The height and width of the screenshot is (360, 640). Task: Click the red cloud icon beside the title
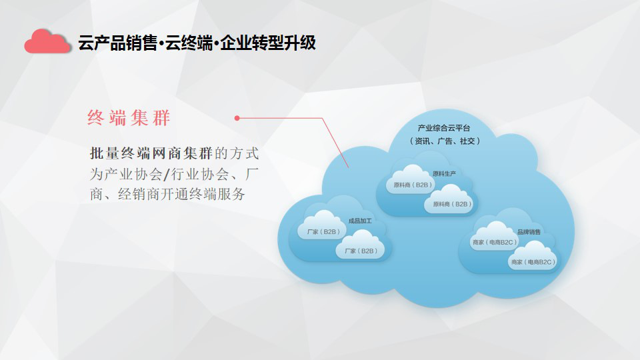tap(47, 41)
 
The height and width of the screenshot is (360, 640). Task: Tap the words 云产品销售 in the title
tap(117, 43)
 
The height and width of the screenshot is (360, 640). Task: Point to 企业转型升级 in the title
tap(268, 43)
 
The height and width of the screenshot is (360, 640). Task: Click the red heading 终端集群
tap(129, 118)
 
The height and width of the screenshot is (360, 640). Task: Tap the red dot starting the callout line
tap(237, 118)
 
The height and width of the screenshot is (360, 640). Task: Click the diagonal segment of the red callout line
tap(335, 143)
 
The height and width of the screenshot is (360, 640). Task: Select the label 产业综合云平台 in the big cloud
tap(444, 128)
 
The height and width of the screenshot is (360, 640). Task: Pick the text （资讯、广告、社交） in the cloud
tap(445, 141)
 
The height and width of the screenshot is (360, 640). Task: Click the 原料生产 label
tap(444, 174)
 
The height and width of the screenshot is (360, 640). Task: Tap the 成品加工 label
tap(360, 221)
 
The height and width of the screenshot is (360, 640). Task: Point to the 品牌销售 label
tap(529, 232)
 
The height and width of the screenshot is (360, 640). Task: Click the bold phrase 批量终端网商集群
tap(151, 153)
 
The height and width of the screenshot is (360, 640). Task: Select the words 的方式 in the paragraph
tap(237, 153)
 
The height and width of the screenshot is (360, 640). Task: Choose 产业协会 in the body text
tap(133, 174)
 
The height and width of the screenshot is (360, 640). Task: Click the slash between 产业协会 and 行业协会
tap(166, 175)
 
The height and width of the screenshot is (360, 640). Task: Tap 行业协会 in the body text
tap(199, 174)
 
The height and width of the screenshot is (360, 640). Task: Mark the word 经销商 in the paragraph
tap(139, 194)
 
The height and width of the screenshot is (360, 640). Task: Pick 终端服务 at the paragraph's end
tap(217, 194)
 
